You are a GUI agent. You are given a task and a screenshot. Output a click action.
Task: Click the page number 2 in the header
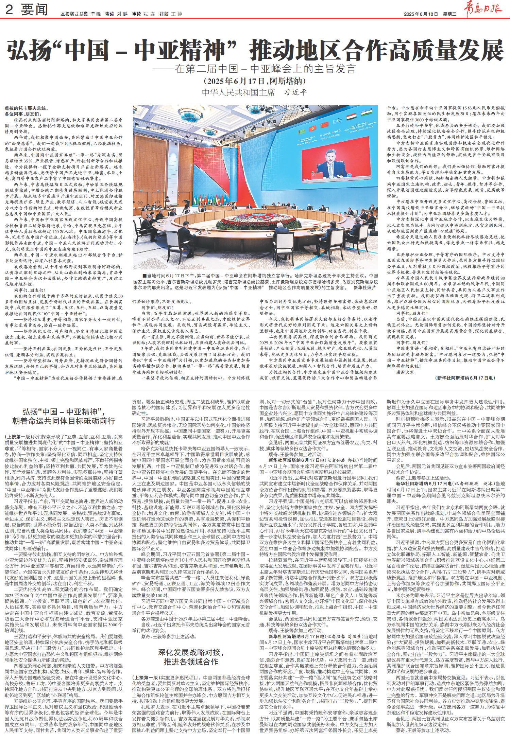(x=9, y=12)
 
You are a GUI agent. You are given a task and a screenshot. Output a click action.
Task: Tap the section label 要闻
(x=34, y=12)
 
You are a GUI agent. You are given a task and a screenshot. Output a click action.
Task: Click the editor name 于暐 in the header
(x=96, y=14)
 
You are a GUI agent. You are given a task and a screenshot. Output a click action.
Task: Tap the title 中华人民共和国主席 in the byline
(x=238, y=92)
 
